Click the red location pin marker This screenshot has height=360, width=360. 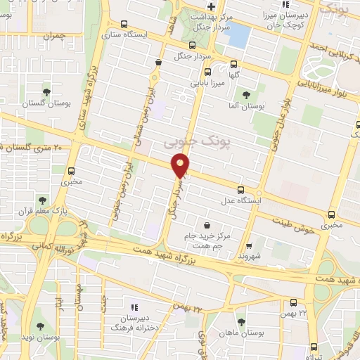coord(181,165)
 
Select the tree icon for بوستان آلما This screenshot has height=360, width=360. coord(245,95)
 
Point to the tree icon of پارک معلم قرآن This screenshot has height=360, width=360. coord(44,200)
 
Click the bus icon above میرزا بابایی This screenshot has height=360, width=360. coord(206,72)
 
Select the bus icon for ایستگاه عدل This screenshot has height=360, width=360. coord(241,190)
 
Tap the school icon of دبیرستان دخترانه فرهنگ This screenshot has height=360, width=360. coord(134,308)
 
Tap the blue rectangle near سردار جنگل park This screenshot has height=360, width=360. coord(240,33)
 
